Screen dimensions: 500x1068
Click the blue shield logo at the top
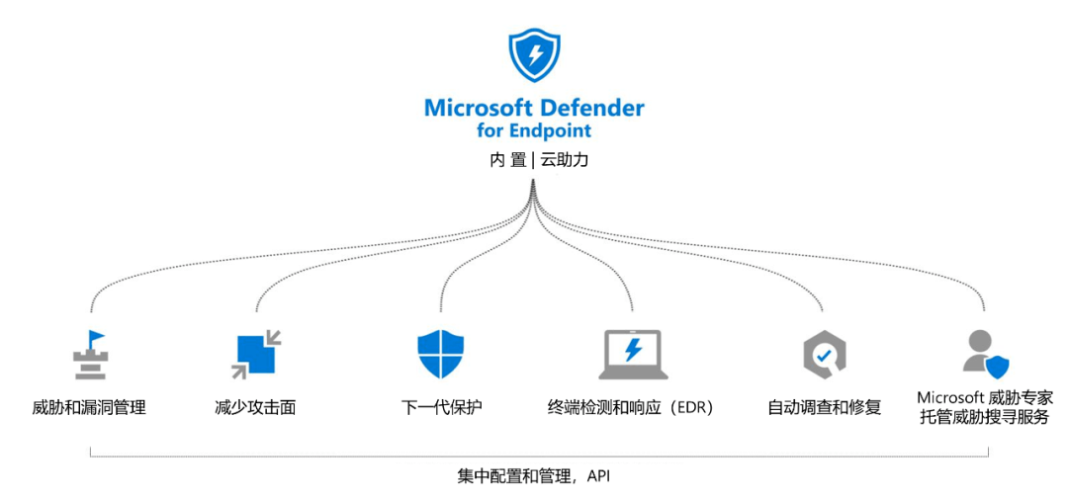[534, 55]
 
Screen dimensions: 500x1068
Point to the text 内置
[507, 159]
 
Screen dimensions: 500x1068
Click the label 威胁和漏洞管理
[89, 407]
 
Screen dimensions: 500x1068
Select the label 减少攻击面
[255, 407]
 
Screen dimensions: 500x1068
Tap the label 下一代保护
[442, 407]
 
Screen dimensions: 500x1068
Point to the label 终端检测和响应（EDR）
[632, 407]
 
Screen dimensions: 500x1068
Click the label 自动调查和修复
[824, 407]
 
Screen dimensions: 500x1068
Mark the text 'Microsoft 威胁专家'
[985, 397]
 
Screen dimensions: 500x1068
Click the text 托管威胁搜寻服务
[985, 418]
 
